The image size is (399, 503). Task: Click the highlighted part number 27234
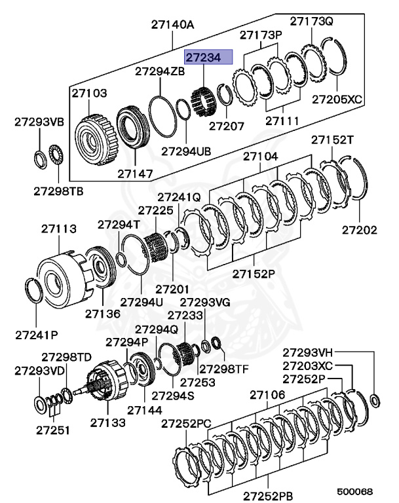coord(208,57)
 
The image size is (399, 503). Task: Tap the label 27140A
coord(173,25)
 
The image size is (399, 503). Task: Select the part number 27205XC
coord(337,100)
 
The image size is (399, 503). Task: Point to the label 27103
coord(90,93)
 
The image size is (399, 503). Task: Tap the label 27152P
coord(252,273)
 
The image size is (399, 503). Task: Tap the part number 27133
coord(108,422)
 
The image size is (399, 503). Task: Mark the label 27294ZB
coord(160,70)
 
